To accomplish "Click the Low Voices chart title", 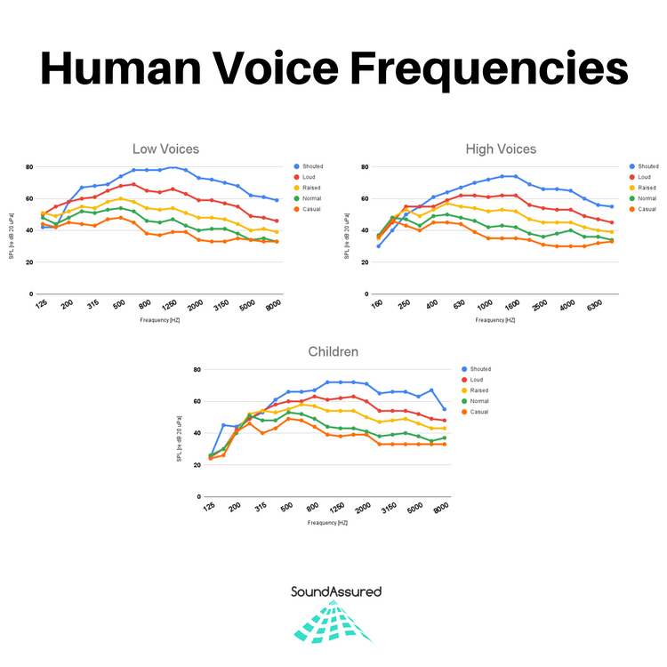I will point(165,149).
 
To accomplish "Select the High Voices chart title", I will point(501,149).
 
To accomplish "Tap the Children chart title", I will point(333,351).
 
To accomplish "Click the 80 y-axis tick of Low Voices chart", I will point(29,167).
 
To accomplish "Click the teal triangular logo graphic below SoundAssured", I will point(333,623).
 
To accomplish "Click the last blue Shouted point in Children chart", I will point(445,409).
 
